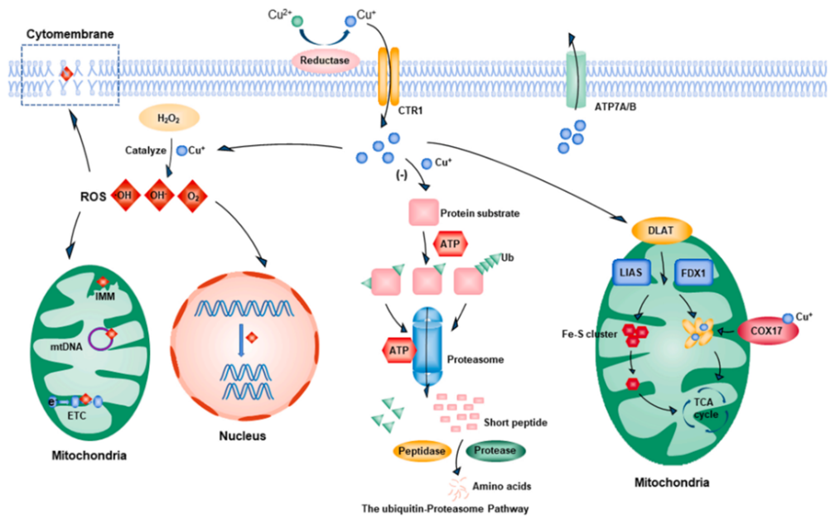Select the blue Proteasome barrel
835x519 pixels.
pos(429,348)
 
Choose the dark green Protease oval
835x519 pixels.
pos(497,450)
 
